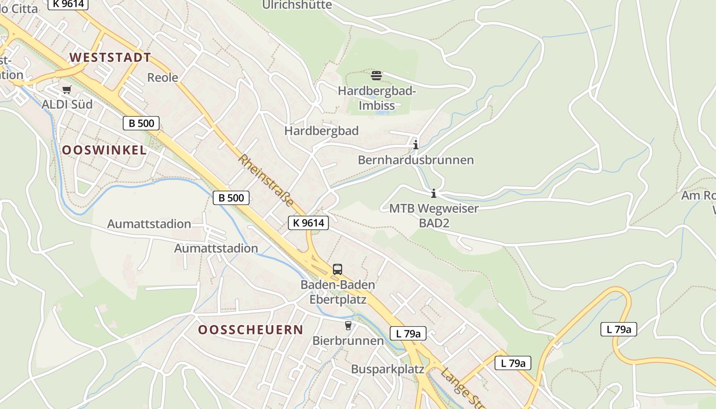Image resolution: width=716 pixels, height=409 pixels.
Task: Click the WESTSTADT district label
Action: pyautogui.click(x=110, y=57)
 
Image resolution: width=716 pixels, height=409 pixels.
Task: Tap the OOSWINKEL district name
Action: pyautogui.click(x=104, y=150)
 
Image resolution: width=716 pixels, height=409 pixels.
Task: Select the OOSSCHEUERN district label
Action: pyautogui.click(x=251, y=330)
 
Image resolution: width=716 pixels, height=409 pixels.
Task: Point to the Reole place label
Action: pyautogui.click(x=163, y=78)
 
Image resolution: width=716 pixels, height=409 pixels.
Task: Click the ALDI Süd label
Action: pyautogui.click(x=67, y=104)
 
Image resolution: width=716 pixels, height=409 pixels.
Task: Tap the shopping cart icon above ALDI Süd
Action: pyautogui.click(x=66, y=90)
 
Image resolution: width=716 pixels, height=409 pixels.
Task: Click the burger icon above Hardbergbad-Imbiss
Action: pyautogui.click(x=376, y=76)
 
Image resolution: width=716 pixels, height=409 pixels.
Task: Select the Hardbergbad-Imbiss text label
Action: pyautogui.click(x=377, y=99)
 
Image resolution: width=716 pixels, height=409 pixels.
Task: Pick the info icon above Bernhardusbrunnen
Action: pyautogui.click(x=415, y=145)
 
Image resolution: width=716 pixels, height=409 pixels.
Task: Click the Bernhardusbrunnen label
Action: pyautogui.click(x=416, y=160)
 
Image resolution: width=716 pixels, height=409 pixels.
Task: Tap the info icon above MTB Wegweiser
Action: pyautogui.click(x=434, y=193)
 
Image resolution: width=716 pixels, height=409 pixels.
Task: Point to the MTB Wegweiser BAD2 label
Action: pyautogui.click(x=434, y=215)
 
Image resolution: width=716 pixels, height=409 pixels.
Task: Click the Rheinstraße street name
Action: pyautogui.click(x=266, y=180)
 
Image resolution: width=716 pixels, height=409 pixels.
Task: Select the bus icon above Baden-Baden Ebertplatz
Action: pyautogui.click(x=338, y=269)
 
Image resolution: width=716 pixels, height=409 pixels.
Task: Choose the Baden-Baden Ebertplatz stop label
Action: pyautogui.click(x=338, y=291)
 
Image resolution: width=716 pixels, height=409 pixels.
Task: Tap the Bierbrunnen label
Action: pyautogui.click(x=348, y=340)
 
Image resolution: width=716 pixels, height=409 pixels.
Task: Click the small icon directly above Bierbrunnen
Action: pyautogui.click(x=348, y=325)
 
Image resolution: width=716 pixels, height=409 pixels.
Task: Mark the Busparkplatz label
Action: pyautogui.click(x=388, y=369)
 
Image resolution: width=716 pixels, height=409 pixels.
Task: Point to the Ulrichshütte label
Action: pyautogui.click(x=297, y=5)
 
